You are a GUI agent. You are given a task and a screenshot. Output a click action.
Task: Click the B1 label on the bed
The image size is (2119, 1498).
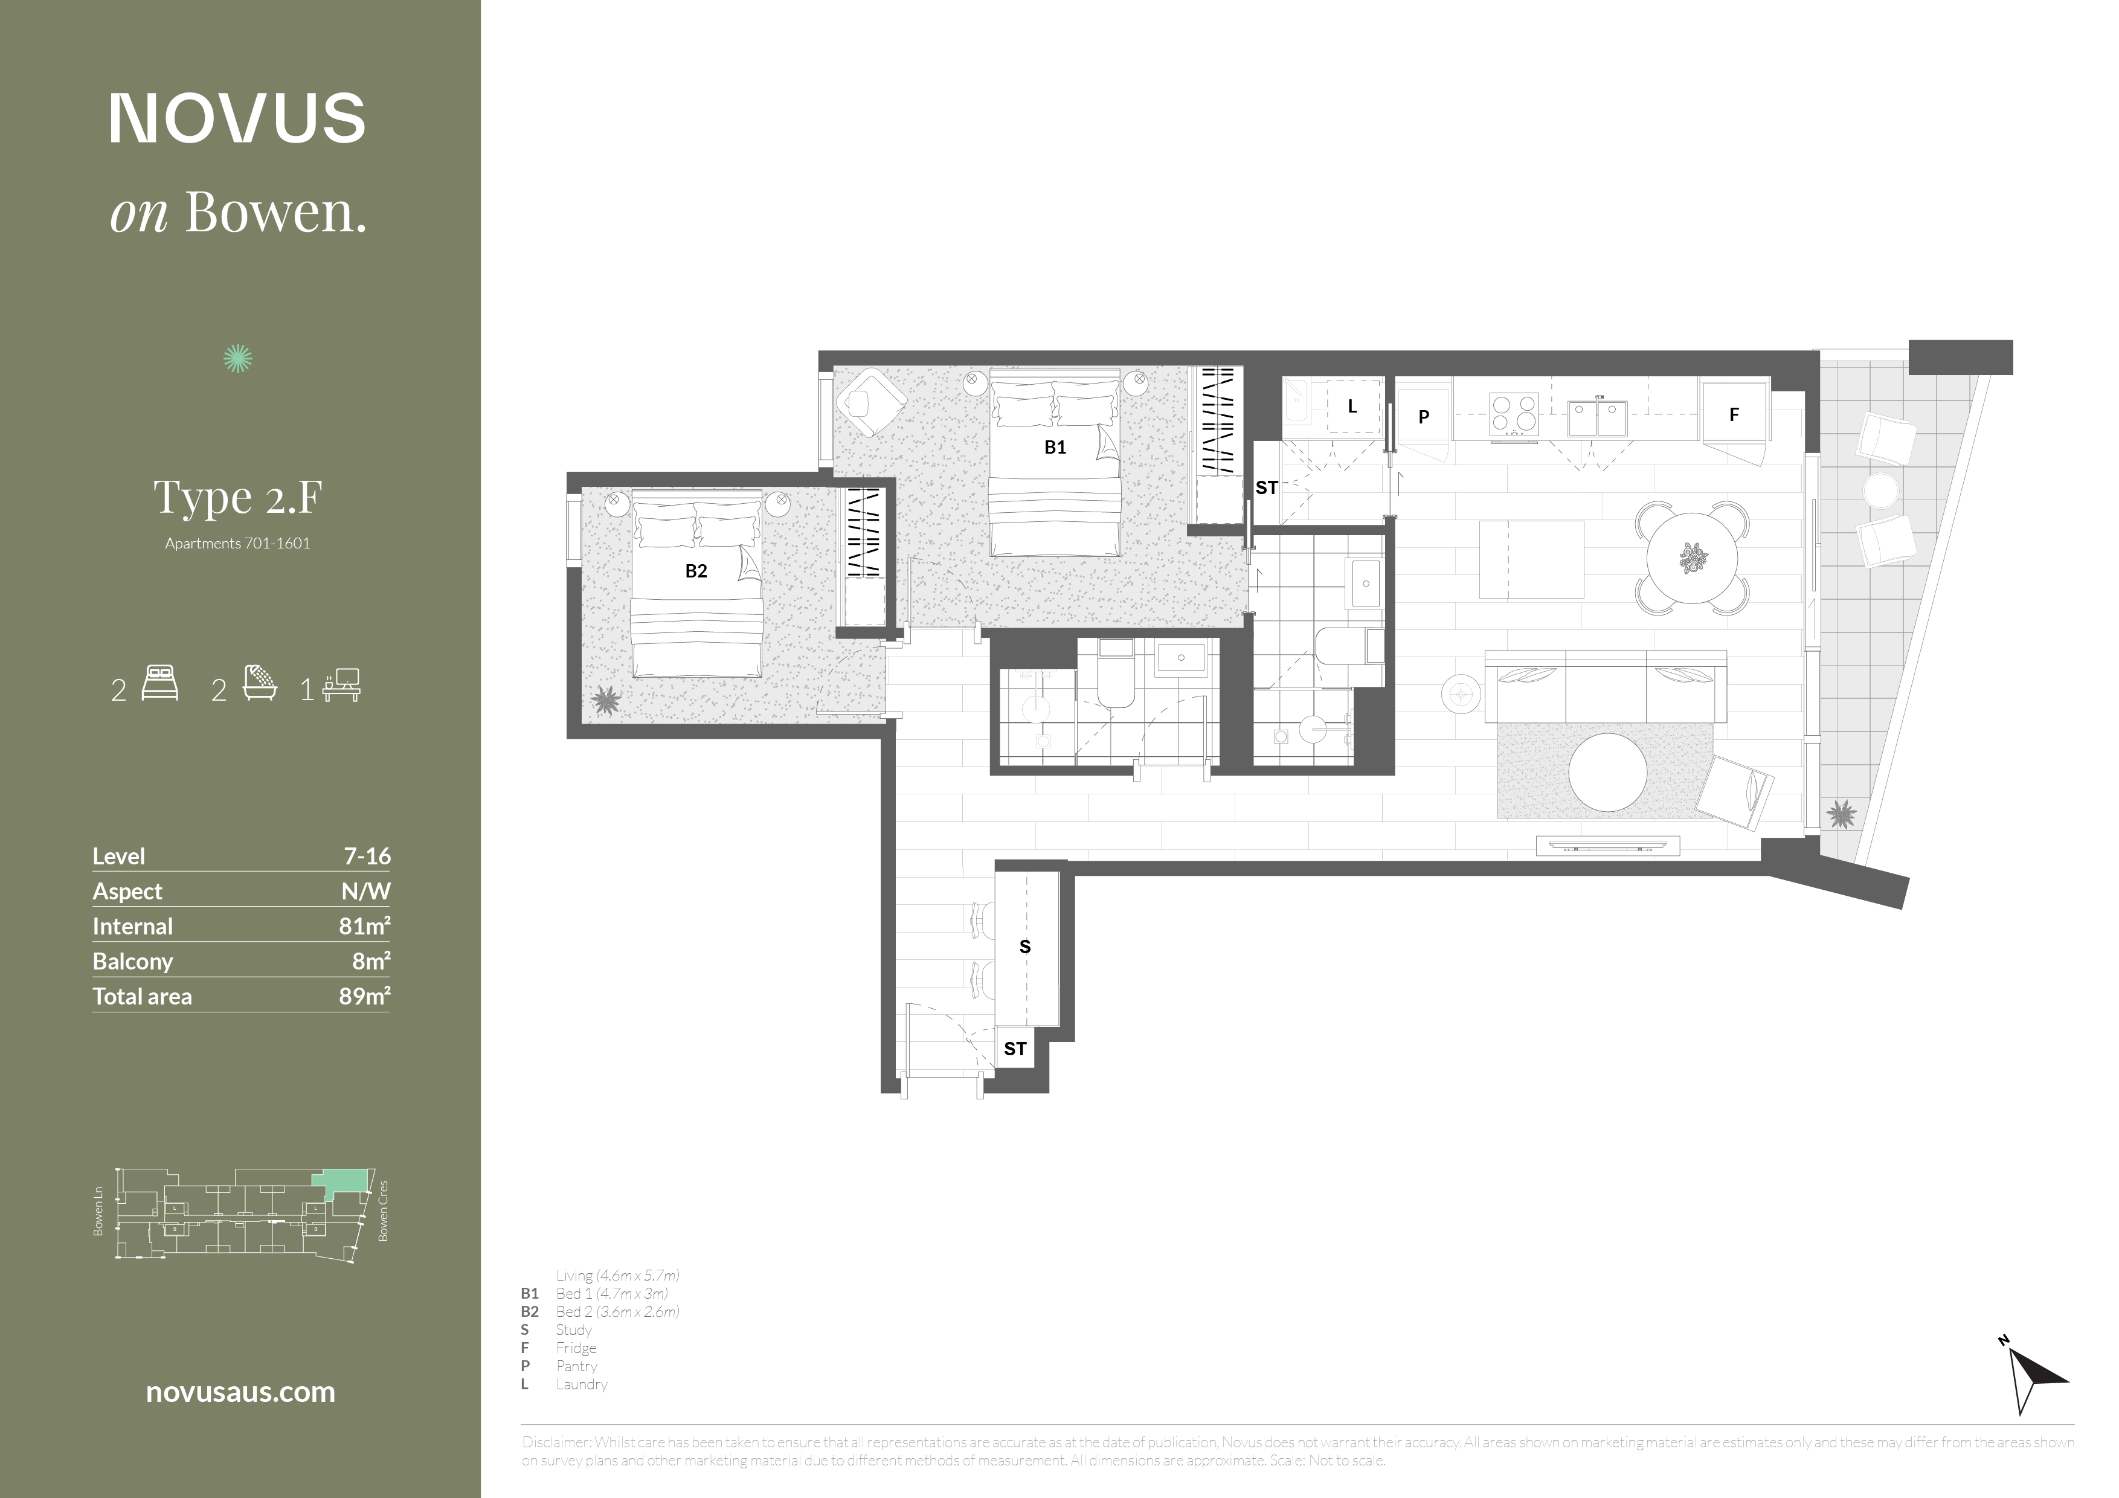point(1055,448)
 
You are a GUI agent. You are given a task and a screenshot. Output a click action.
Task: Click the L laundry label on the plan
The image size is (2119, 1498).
point(1352,406)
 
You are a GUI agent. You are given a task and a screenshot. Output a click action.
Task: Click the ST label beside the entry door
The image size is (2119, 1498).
point(1015,1049)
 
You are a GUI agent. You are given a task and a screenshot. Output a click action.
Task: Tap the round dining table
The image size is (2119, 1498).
point(1693,558)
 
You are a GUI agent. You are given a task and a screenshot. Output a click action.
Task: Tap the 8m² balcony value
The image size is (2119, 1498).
point(371,961)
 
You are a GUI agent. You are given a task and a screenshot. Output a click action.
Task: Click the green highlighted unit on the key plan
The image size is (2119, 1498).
point(341,1181)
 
